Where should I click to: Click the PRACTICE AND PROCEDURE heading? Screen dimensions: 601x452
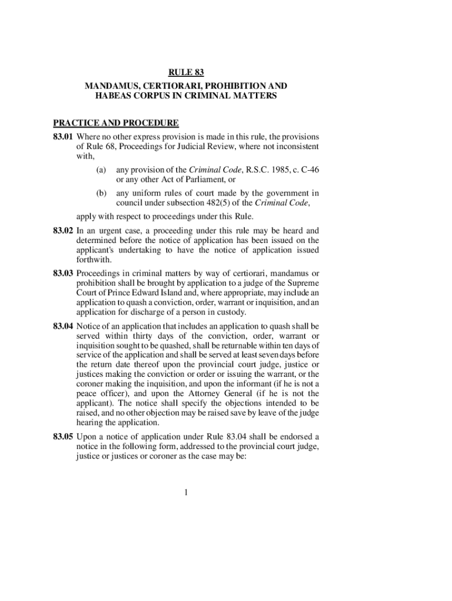click(116, 123)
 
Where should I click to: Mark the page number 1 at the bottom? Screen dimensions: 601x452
click(185, 492)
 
